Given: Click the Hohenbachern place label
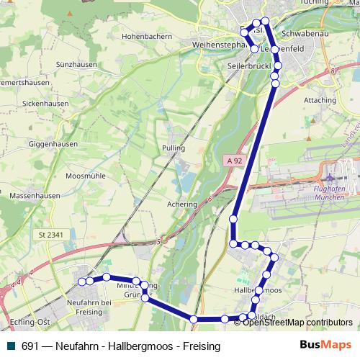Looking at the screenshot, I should [145, 35].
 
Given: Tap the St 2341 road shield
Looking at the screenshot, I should [52, 235].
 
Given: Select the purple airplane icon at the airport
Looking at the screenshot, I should [331, 176].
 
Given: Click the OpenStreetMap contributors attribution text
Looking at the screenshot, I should [298, 323].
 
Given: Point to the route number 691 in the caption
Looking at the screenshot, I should [30, 346].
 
